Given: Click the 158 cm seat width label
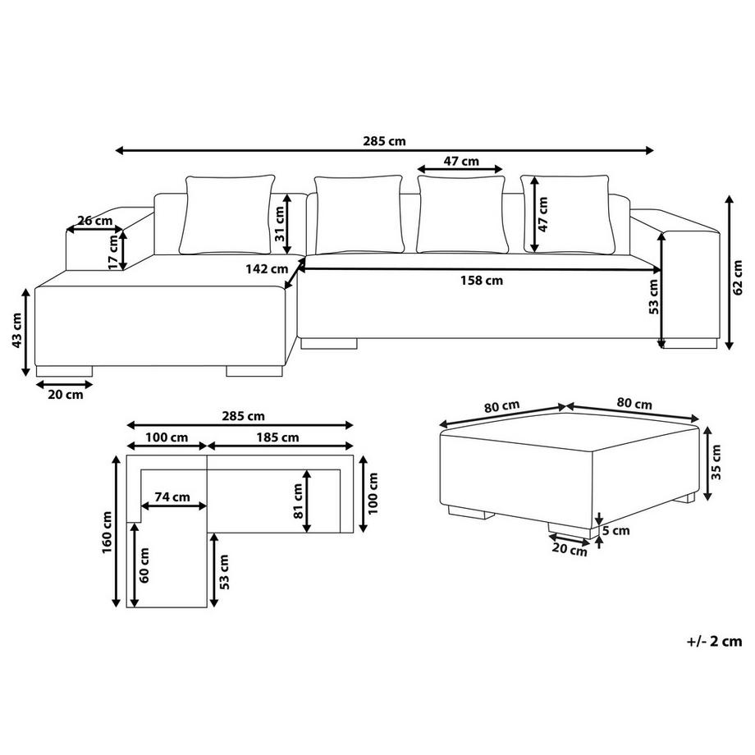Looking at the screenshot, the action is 482,280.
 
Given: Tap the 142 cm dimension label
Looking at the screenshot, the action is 267,268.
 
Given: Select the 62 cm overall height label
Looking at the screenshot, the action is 737,277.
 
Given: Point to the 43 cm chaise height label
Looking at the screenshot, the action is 16,330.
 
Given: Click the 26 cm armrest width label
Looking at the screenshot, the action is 95,221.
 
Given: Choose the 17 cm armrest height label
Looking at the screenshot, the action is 112,252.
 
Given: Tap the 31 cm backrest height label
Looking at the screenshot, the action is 280,224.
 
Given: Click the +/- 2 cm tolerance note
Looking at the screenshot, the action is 715,642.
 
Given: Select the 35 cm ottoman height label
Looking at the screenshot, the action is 716,462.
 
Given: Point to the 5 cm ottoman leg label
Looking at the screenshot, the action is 616,530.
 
